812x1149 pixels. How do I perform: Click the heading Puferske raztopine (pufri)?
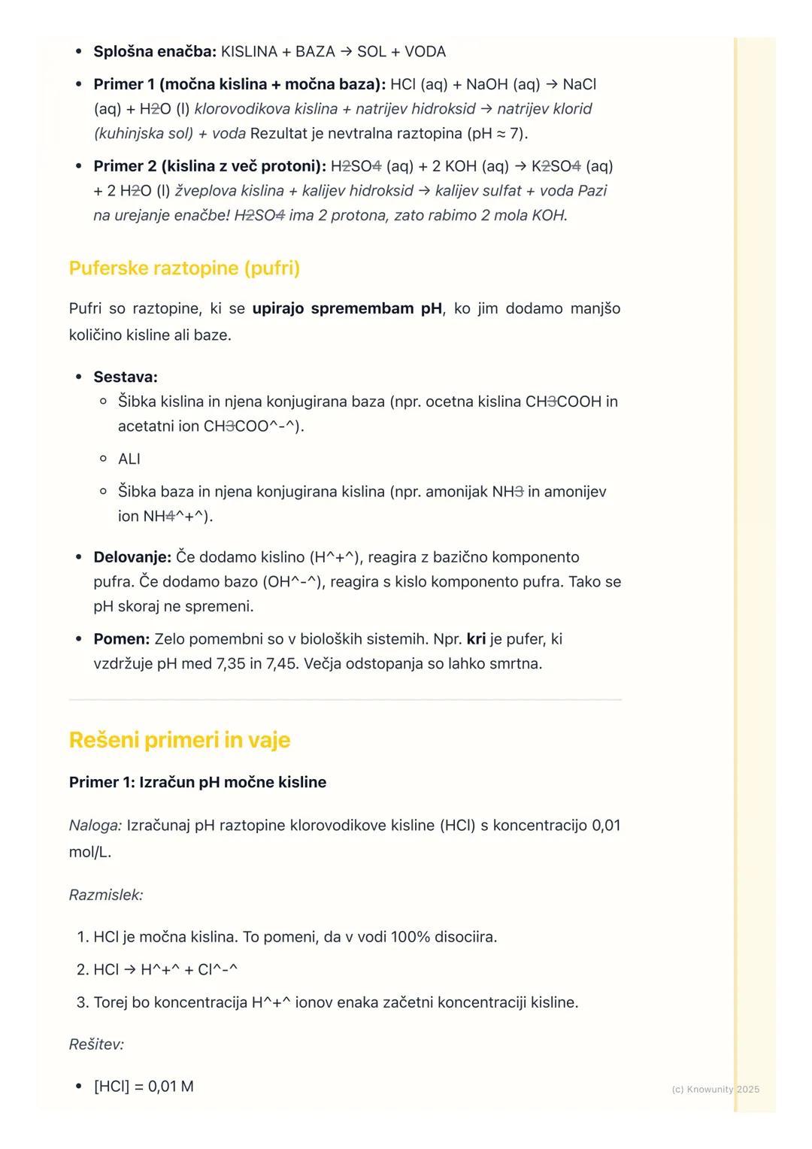184,268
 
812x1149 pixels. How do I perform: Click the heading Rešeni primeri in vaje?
179,740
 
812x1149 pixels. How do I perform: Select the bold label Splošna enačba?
154,52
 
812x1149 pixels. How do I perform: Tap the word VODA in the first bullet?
425,52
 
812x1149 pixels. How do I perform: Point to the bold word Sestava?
126,377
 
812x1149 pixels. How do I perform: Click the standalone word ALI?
129,459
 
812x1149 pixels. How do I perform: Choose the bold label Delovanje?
132,557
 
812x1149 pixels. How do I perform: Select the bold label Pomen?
122,639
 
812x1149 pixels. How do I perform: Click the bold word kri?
476,639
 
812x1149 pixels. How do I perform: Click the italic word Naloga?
95,826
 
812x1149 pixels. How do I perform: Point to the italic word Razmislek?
106,895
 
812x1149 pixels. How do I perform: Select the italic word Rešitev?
96,1044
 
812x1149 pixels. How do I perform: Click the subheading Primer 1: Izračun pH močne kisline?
198,782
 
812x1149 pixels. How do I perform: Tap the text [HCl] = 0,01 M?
144,1087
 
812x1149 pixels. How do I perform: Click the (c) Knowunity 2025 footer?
715,1090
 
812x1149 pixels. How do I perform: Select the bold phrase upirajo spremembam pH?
347,309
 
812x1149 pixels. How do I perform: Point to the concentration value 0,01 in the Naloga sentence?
606,826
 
